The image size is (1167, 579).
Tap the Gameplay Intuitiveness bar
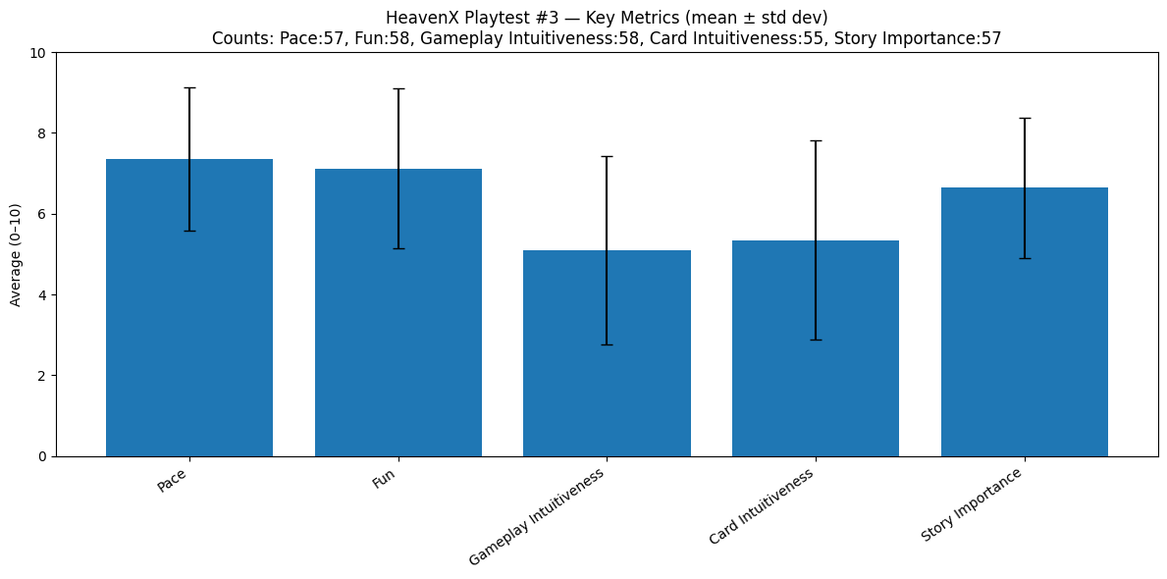[x=607, y=353]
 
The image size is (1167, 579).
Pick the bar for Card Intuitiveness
[x=816, y=348]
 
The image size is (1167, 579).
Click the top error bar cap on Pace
[x=189, y=88]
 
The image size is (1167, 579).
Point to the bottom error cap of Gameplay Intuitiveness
[x=607, y=344]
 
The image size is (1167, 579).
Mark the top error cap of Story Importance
[x=1025, y=119]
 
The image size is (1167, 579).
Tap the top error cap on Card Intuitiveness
[x=816, y=141]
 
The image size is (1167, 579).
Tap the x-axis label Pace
[x=172, y=482]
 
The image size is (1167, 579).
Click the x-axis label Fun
[x=384, y=480]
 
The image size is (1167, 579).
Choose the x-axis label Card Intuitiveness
[x=762, y=506]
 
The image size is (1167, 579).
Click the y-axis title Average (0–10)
[x=16, y=254]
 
